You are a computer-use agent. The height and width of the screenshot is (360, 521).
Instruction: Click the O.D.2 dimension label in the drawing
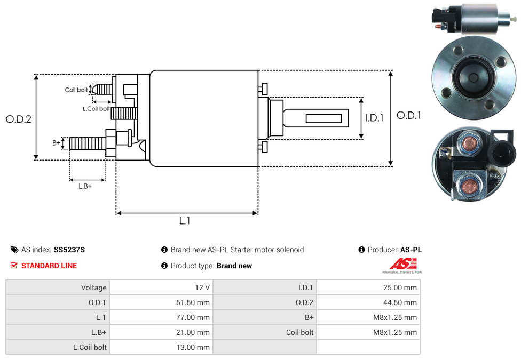(19, 119)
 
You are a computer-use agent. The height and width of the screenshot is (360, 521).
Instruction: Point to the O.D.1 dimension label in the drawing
(409, 115)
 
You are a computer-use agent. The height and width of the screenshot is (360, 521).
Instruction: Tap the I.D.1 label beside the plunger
(375, 118)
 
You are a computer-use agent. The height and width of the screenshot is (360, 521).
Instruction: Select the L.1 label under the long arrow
(185, 220)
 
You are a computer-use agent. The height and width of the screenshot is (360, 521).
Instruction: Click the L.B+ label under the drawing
(85, 186)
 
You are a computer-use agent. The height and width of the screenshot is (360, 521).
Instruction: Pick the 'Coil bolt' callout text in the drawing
(76, 90)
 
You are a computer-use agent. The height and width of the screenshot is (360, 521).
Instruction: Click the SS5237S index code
(69, 250)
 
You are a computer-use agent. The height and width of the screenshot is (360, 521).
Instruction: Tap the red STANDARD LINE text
(49, 266)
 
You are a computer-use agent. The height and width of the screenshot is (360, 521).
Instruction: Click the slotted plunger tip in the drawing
(323, 117)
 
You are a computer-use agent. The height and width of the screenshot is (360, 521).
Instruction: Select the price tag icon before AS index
(14, 250)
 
